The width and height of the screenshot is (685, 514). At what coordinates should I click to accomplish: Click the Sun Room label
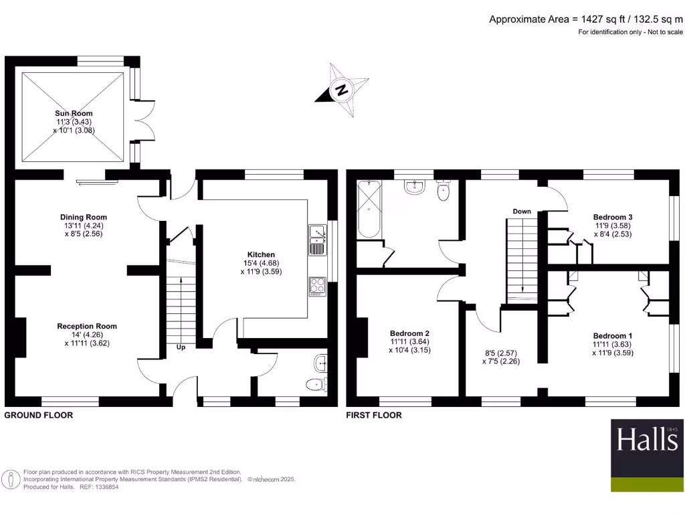click(74, 113)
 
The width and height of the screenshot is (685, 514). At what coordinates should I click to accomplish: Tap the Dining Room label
click(84, 218)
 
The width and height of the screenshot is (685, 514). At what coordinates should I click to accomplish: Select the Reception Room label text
click(87, 326)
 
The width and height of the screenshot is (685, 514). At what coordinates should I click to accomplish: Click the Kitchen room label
click(262, 254)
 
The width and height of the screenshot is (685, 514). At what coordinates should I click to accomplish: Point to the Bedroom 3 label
click(613, 218)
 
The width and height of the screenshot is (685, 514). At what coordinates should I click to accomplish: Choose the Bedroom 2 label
click(410, 333)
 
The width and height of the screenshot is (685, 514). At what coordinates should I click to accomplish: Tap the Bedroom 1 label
click(613, 336)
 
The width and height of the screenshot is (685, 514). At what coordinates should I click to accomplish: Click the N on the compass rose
click(342, 90)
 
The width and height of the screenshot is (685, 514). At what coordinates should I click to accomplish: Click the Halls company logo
click(647, 455)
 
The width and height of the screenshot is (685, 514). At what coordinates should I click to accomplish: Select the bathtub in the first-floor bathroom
click(369, 209)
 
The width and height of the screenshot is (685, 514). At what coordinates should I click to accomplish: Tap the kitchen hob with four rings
click(318, 286)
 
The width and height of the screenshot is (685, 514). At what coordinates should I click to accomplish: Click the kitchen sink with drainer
click(318, 240)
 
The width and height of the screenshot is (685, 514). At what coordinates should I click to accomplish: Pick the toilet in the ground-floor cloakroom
click(317, 385)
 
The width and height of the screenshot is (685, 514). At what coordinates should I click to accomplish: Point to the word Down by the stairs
click(522, 211)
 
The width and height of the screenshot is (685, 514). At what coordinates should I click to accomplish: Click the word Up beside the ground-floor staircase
click(181, 347)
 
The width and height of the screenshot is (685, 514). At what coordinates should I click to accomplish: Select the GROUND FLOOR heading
click(38, 415)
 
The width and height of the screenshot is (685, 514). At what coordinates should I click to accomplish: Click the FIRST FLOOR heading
click(374, 415)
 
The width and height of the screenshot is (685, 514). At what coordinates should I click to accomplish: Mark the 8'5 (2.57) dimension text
click(501, 353)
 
